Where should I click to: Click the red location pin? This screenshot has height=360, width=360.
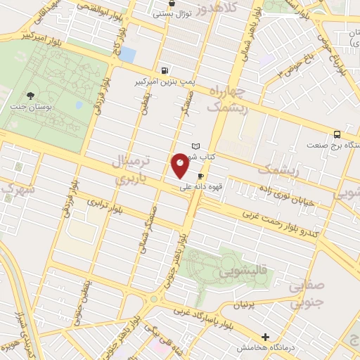[180, 164]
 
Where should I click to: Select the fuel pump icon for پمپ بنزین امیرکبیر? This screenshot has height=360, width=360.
[165, 70]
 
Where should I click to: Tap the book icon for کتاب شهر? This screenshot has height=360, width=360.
[205, 146]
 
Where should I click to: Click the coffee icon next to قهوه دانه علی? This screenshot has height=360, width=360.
[202, 176]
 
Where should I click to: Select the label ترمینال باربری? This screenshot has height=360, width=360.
[132, 169]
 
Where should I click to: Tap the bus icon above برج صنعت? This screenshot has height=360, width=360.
[337, 134]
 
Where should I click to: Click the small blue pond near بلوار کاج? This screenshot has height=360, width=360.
[128, 53]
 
